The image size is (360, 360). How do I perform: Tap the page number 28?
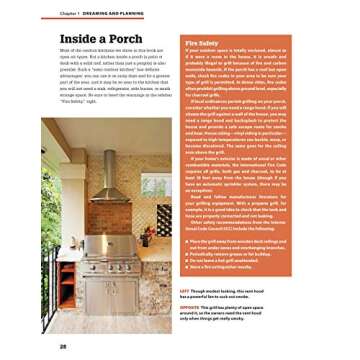coord(34,346)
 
